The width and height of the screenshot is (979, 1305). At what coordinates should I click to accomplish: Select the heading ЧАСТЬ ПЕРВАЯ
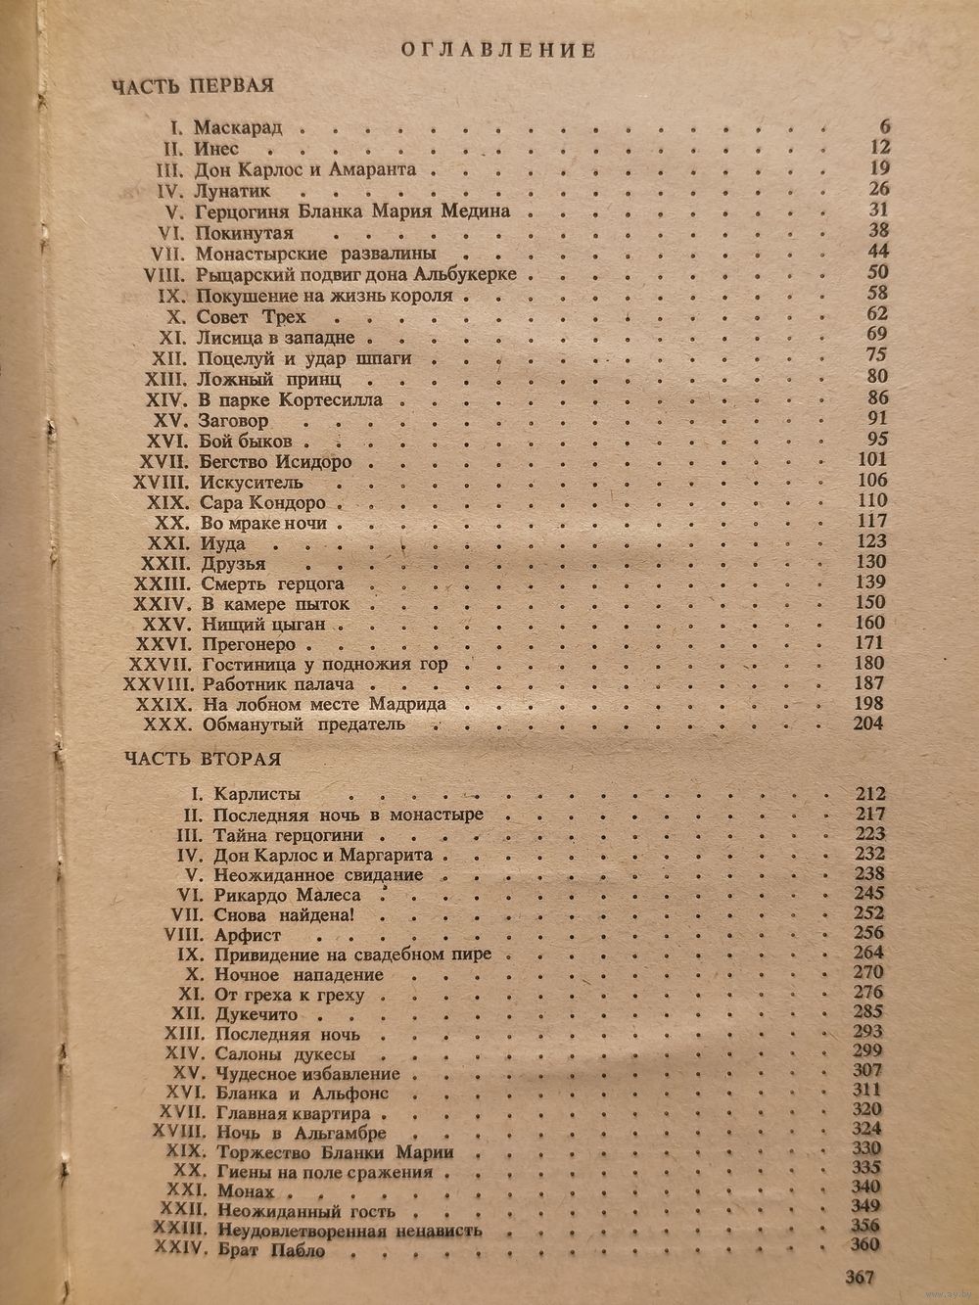[x=191, y=86]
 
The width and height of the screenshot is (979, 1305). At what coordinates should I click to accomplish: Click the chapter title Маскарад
[x=238, y=128]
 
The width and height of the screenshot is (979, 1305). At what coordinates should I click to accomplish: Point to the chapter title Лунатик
[x=232, y=191]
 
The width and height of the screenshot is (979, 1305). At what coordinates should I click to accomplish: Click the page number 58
[x=876, y=294]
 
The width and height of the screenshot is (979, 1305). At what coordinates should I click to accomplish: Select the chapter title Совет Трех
[x=251, y=316]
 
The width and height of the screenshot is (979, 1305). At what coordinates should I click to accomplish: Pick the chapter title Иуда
[x=221, y=543]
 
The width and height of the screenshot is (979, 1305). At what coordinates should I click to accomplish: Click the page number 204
[x=867, y=723]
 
